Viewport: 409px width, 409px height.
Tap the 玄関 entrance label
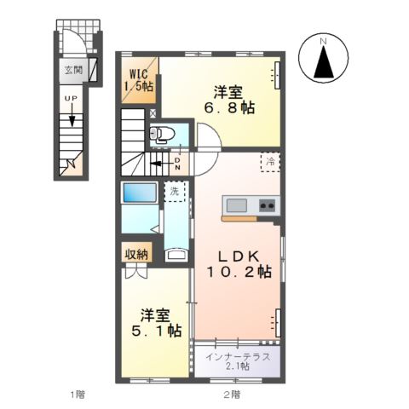(72, 70)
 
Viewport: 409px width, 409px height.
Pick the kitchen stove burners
(267, 205)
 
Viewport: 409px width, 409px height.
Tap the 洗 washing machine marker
(174, 192)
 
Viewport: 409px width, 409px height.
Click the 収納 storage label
(136, 253)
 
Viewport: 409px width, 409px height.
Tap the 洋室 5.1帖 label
(153, 320)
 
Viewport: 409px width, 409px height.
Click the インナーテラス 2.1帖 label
(239, 360)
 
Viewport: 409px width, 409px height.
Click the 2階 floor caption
(231, 394)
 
